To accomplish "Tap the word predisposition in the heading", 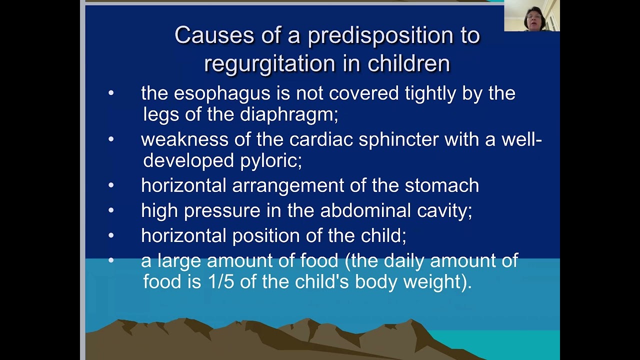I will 394,35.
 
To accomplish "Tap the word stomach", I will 441,185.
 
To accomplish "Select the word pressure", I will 222,210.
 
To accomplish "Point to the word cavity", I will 444,210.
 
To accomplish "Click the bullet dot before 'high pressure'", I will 111,210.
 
